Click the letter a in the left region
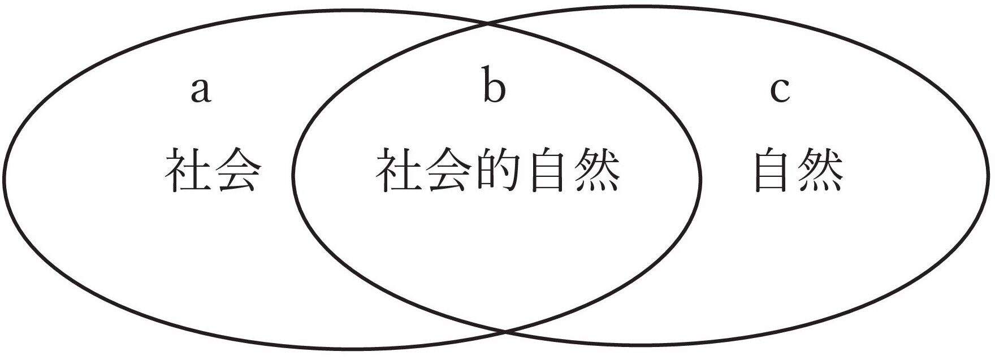coord(201,91)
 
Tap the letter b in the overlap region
coord(494,86)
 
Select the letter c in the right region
coord(780,91)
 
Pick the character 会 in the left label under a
coord(239,170)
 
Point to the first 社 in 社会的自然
coord(398,170)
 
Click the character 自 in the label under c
coord(772,170)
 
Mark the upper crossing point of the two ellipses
coord(488,24)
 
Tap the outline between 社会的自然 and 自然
coord(700,175)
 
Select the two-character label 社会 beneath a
coord(213,170)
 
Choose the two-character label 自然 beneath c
coord(797,170)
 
